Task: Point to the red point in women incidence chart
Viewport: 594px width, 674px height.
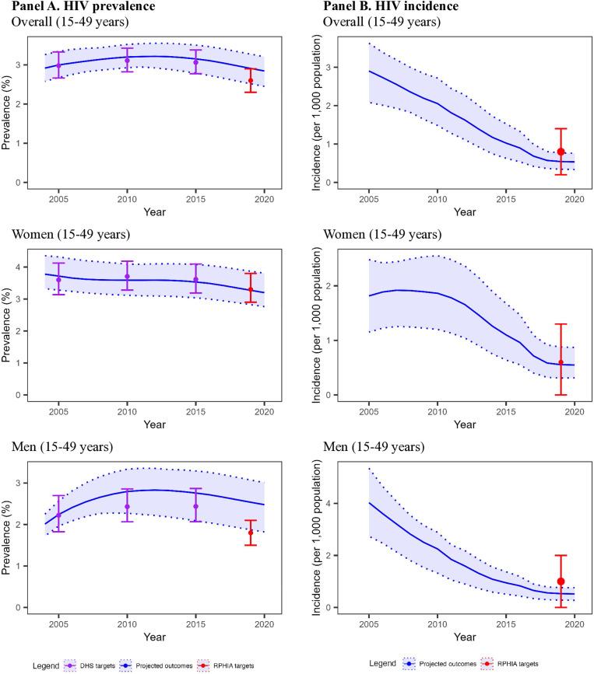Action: pyautogui.click(x=560, y=362)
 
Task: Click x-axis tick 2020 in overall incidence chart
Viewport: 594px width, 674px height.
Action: pyautogui.click(x=574, y=199)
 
